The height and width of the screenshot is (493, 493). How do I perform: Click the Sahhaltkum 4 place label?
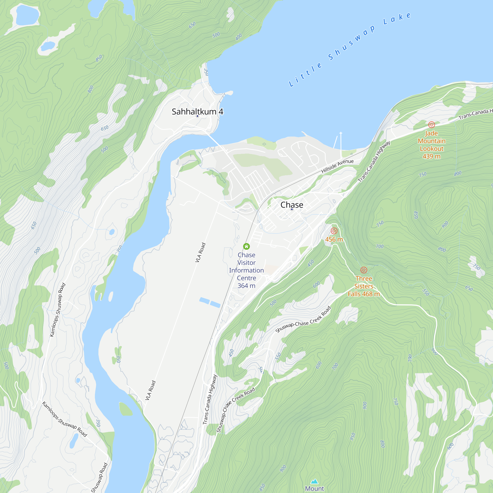coord(197,111)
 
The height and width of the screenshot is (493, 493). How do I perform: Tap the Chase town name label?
coord(292,205)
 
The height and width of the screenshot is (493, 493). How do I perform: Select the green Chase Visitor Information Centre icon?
coord(246,246)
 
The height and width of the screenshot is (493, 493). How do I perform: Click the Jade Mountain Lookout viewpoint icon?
coord(431,124)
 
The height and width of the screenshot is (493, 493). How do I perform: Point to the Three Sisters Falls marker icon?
coord(364,270)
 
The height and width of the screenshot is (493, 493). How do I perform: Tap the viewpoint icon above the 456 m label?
coord(334,231)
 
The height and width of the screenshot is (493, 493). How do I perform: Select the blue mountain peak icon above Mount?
coord(314,481)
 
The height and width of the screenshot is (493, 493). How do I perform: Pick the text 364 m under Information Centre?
coord(246,286)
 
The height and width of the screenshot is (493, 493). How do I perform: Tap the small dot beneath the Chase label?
coord(292,209)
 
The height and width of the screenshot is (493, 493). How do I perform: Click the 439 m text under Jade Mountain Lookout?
coord(431,157)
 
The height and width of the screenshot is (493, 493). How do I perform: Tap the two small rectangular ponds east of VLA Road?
coord(210,302)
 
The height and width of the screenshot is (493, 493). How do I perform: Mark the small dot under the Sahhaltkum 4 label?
coord(197,116)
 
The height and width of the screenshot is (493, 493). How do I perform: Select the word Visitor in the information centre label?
coord(246,263)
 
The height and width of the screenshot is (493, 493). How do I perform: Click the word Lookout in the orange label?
coord(432,148)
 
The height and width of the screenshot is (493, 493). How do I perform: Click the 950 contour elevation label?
coord(352,437)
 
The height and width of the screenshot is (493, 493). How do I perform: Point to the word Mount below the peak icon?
coord(314,488)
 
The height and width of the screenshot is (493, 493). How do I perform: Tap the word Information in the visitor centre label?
coord(246,270)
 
